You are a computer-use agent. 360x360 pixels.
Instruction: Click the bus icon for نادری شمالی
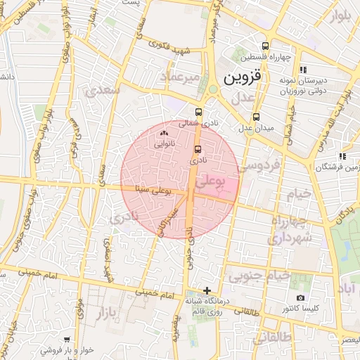coord(199,112)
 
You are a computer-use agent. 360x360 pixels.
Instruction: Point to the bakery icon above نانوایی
coord(165,132)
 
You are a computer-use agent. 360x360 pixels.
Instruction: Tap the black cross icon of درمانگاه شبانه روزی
coord(207,290)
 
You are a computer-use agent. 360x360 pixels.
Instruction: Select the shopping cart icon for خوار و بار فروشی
coord(67,339)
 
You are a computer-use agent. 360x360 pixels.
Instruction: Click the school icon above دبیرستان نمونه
coord(303,70)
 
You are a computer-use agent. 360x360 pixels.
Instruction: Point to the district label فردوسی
coord(257,166)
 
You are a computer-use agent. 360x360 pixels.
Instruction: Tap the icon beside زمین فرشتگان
coord(342,156)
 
